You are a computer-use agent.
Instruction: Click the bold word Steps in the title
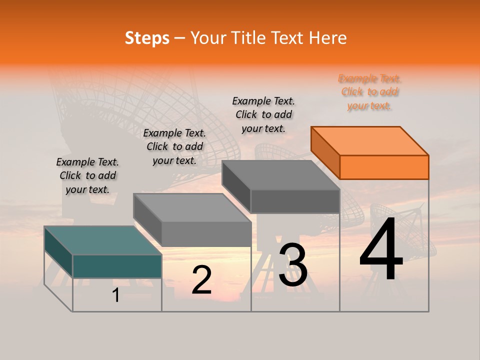(x=147, y=38)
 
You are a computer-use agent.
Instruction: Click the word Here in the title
(x=327, y=38)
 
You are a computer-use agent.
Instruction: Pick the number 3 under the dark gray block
(x=292, y=264)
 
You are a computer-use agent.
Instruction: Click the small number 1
(x=115, y=295)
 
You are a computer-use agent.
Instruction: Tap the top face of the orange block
(x=370, y=141)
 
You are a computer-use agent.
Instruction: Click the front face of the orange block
(x=384, y=167)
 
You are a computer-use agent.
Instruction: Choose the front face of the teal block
(x=117, y=266)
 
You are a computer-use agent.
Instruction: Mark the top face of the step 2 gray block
(x=192, y=207)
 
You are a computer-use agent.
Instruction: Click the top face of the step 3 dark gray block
(x=281, y=174)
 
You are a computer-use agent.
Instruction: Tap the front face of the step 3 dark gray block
(x=295, y=201)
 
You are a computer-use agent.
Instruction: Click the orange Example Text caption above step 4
(x=369, y=92)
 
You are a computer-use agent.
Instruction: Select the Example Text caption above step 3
(x=263, y=114)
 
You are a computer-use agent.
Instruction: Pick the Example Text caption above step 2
(x=174, y=146)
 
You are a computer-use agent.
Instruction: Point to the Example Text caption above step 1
(x=87, y=175)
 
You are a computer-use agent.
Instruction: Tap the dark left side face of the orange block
(x=325, y=152)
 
